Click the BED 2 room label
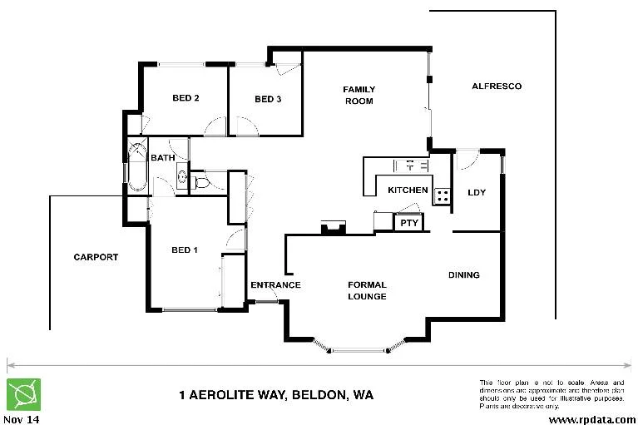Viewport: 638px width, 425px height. coord(185,98)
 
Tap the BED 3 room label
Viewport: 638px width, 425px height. coord(268,99)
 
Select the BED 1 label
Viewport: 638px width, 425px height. coord(185,250)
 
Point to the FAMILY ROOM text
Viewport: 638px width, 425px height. coord(359,95)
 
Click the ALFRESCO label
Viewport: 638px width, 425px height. coord(496,86)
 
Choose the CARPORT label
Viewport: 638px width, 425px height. coord(96,257)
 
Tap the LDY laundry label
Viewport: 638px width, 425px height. coord(477,192)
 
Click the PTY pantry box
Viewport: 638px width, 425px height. coord(408,223)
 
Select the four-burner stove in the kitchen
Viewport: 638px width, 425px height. coord(443,197)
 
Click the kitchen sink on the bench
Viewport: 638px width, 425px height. coord(404,165)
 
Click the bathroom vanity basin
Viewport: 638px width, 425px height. coord(181,175)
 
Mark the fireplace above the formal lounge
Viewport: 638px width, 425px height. coord(334,226)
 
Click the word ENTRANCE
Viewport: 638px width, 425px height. coord(275,285)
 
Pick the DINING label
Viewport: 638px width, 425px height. coord(464,275)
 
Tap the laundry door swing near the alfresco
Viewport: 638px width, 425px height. coord(467,159)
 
